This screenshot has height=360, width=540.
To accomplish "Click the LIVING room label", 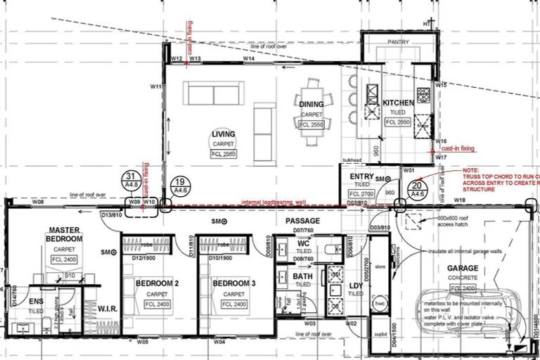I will [x=224, y=134].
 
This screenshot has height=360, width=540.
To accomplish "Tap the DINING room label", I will [x=311, y=104].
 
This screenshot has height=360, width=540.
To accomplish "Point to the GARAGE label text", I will [x=462, y=269].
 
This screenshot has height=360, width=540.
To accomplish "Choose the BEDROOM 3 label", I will [x=229, y=283].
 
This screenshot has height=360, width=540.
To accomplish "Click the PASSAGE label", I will [x=302, y=221].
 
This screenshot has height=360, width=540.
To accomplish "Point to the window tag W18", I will [x=460, y=201].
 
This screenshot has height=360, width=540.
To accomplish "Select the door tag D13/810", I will [x=110, y=214].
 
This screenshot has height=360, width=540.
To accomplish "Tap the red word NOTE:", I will [x=470, y=170].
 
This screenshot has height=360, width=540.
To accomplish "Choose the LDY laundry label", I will [x=355, y=285].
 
